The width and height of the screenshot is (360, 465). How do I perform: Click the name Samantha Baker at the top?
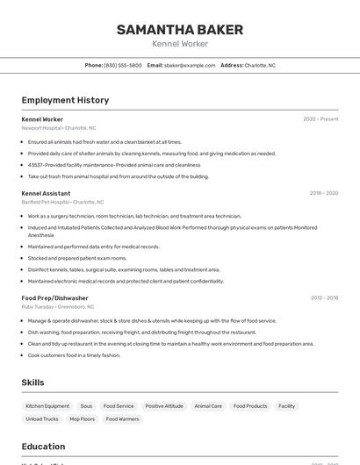coord(180,30)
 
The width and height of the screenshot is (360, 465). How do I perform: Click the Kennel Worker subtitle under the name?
coord(180,43)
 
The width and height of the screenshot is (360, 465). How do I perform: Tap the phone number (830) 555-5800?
coord(123,65)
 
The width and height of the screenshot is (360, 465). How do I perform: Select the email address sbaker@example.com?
coord(190,65)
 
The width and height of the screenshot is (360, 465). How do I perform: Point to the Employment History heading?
coord(65,100)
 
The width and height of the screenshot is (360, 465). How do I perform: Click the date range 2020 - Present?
coord(320,119)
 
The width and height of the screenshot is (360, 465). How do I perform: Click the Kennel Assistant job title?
coord(46,193)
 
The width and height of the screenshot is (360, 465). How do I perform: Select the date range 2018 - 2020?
coord(323,193)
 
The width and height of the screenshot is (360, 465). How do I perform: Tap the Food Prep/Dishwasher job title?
coord(55,298)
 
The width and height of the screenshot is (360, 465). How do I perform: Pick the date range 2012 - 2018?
coord(323,298)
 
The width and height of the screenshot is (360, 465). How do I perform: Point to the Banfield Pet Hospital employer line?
coord(62,202)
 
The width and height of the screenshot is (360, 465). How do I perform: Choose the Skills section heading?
coord(32,383)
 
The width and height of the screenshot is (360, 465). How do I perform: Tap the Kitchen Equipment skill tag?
coord(47,406)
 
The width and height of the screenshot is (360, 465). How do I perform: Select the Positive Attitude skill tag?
coord(164,406)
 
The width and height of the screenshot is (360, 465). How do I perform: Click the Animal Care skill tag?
coord(208,406)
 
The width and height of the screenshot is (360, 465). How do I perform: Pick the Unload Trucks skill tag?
coord(42,419)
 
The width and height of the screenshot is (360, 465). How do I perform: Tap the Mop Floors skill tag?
coord(82,419)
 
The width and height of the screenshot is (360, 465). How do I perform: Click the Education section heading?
coord(43,447)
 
